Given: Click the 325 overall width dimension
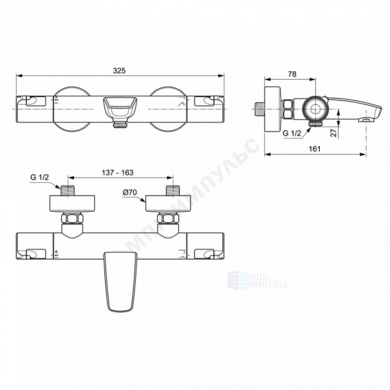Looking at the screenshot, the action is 119,71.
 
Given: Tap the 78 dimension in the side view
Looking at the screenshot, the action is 292,74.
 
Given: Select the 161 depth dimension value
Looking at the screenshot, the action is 315,149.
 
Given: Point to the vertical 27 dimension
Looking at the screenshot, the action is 334,131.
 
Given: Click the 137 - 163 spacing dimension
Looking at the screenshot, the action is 118,173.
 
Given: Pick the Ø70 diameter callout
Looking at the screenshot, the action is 130,192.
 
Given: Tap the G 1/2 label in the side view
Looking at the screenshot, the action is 292,133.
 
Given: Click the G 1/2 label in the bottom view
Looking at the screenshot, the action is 40,177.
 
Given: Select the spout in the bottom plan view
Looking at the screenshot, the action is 120,281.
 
